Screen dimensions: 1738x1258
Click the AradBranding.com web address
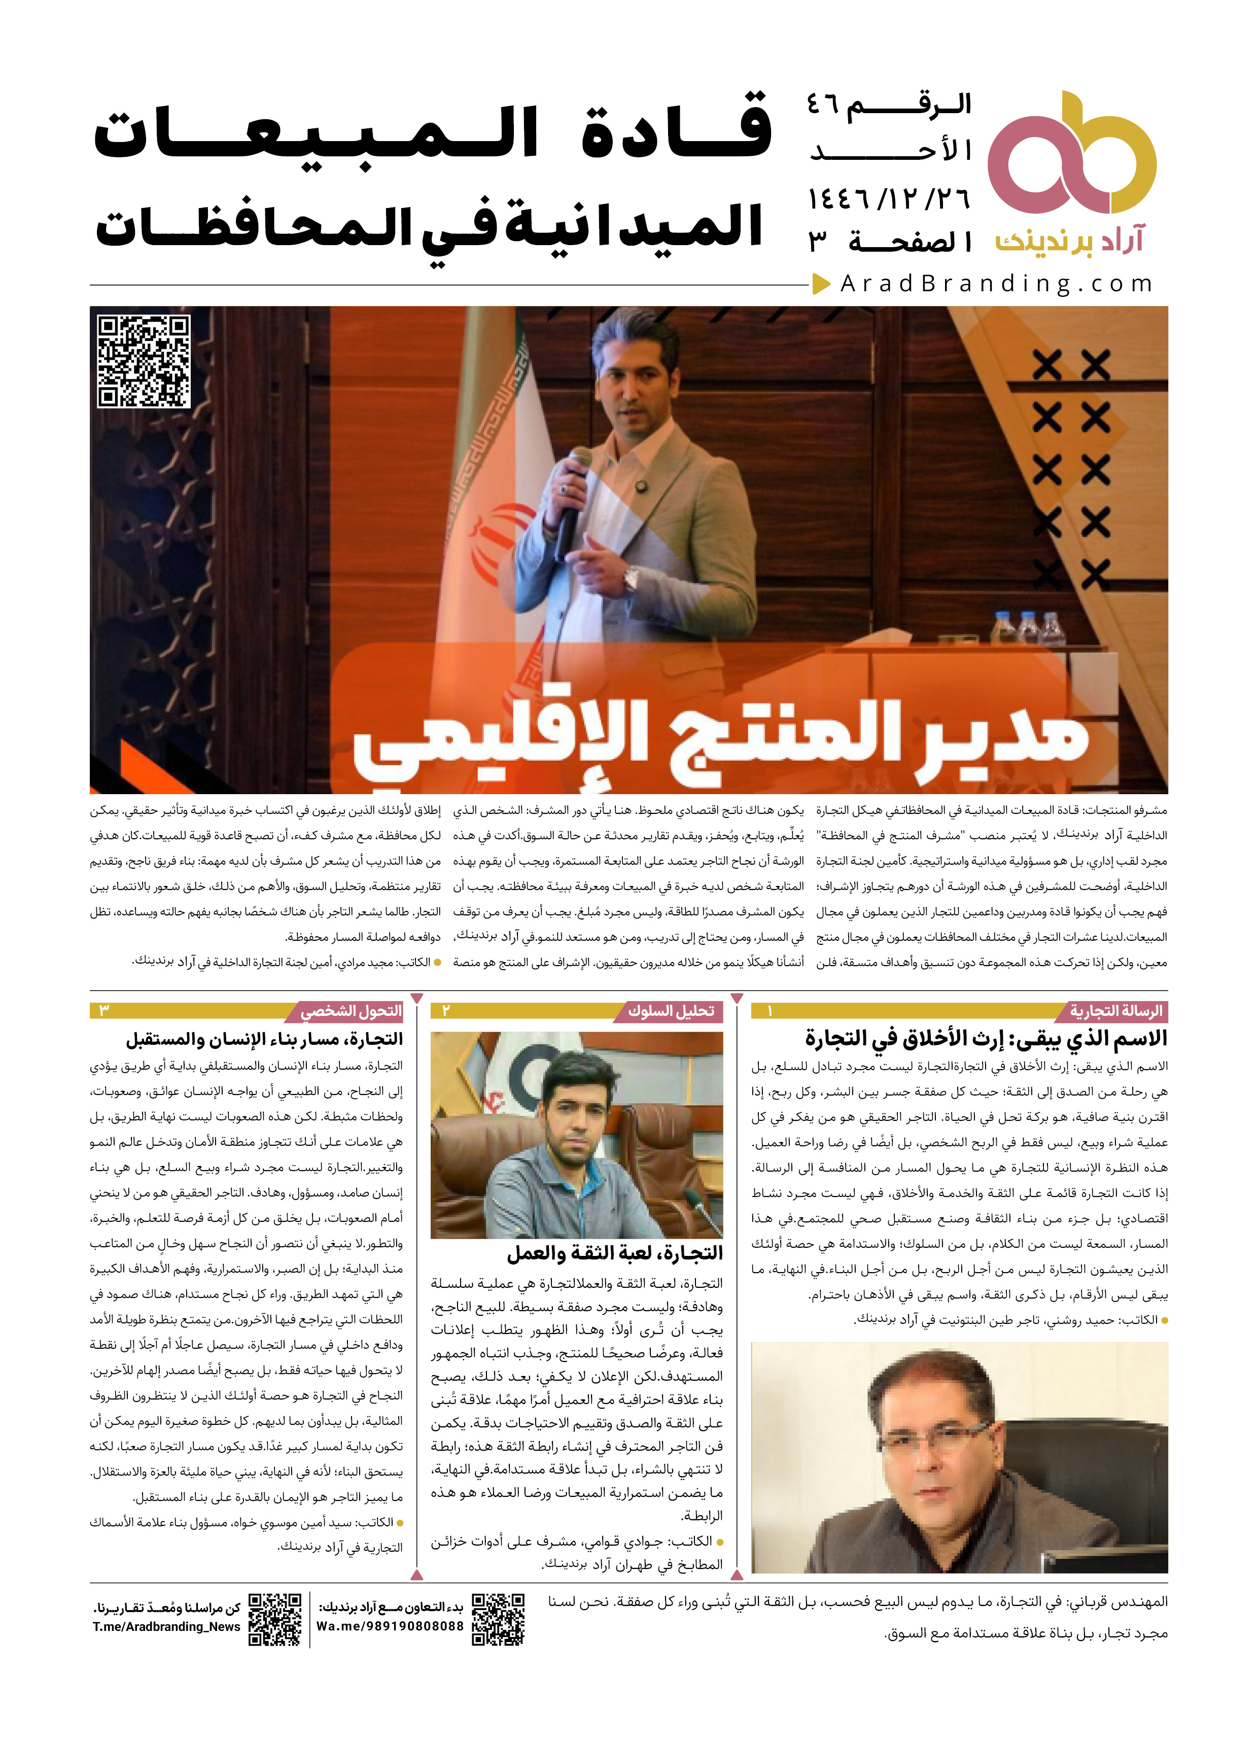996,284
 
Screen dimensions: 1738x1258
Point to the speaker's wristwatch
631,580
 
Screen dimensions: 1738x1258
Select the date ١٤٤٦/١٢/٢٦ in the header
889,200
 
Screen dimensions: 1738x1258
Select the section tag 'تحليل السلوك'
671,1011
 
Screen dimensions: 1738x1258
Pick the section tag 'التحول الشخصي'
351,1011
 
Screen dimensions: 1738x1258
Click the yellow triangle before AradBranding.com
821,284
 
